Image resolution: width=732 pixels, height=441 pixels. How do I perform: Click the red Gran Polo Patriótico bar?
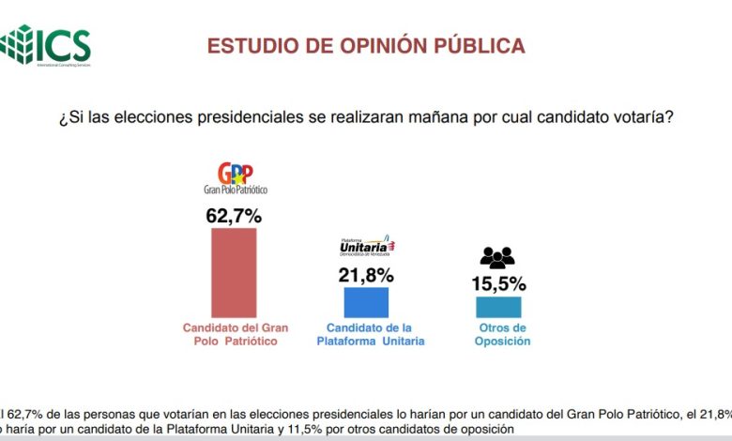(234, 272)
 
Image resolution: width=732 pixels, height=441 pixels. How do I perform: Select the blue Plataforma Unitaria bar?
(366, 302)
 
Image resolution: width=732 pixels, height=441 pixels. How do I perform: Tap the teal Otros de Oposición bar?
(497, 307)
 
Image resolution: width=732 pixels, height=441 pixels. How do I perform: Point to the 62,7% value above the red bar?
(234, 216)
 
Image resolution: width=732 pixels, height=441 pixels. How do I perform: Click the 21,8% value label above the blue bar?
(366, 275)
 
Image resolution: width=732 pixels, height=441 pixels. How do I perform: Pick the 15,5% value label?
(498, 283)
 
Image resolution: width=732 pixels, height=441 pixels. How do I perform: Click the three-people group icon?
(497, 256)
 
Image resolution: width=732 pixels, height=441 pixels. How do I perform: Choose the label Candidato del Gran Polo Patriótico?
(235, 335)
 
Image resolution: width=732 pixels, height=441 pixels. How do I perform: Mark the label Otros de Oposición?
(503, 335)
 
